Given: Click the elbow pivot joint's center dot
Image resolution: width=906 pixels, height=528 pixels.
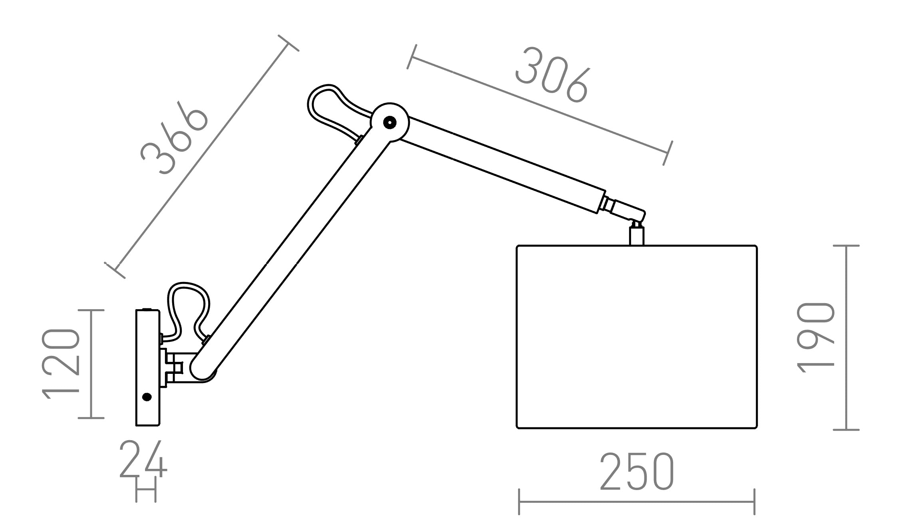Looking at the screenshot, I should coord(389,122).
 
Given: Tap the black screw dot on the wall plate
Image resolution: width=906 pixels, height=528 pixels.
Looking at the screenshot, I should coord(147,397).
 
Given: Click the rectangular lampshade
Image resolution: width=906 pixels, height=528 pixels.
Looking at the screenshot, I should coord(637,337).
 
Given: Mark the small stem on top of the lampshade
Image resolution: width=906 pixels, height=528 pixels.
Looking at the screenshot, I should coord(636,236).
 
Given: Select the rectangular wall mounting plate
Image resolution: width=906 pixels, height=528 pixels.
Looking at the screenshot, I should coord(148,367).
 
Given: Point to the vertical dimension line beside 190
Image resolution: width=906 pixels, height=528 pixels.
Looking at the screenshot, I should coord(846,337).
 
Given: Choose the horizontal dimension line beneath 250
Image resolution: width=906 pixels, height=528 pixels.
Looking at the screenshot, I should coord(637,502).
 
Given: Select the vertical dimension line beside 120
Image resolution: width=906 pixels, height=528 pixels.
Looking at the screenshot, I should coord(91,363).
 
